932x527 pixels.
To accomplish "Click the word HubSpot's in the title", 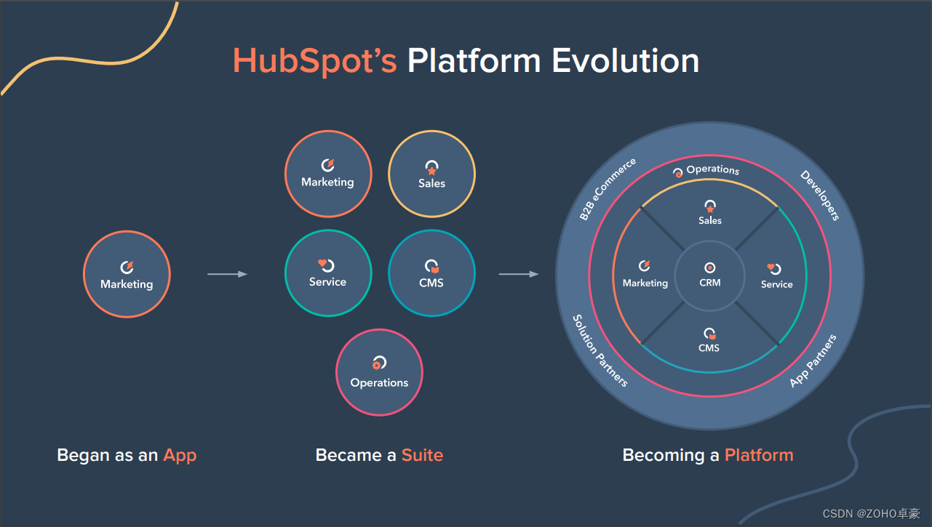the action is click(x=314, y=60).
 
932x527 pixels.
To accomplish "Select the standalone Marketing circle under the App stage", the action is click(x=127, y=274).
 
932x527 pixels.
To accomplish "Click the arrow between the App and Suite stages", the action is click(x=227, y=274).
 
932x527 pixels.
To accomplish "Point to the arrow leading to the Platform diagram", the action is click(x=518, y=274).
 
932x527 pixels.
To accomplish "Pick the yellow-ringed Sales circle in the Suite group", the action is click(x=431, y=174).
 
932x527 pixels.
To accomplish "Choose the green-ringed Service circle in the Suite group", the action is click(x=327, y=274).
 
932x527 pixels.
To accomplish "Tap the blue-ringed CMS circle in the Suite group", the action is click(x=431, y=274).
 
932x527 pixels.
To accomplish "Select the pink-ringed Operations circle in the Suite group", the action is click(x=379, y=373).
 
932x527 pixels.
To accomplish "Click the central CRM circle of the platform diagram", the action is click(x=710, y=276).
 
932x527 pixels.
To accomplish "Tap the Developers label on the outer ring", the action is click(x=820, y=195).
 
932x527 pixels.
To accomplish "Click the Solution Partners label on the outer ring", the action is click(x=600, y=350).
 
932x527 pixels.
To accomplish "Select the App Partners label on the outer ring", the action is click(x=813, y=361).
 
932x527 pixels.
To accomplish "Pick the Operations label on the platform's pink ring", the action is click(x=712, y=170).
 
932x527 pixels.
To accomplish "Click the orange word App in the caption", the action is click(x=180, y=456).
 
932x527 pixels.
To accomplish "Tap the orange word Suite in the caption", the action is click(x=422, y=456).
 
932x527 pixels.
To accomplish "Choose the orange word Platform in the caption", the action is click(x=759, y=456).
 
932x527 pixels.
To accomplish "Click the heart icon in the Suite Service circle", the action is click(x=322, y=264).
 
